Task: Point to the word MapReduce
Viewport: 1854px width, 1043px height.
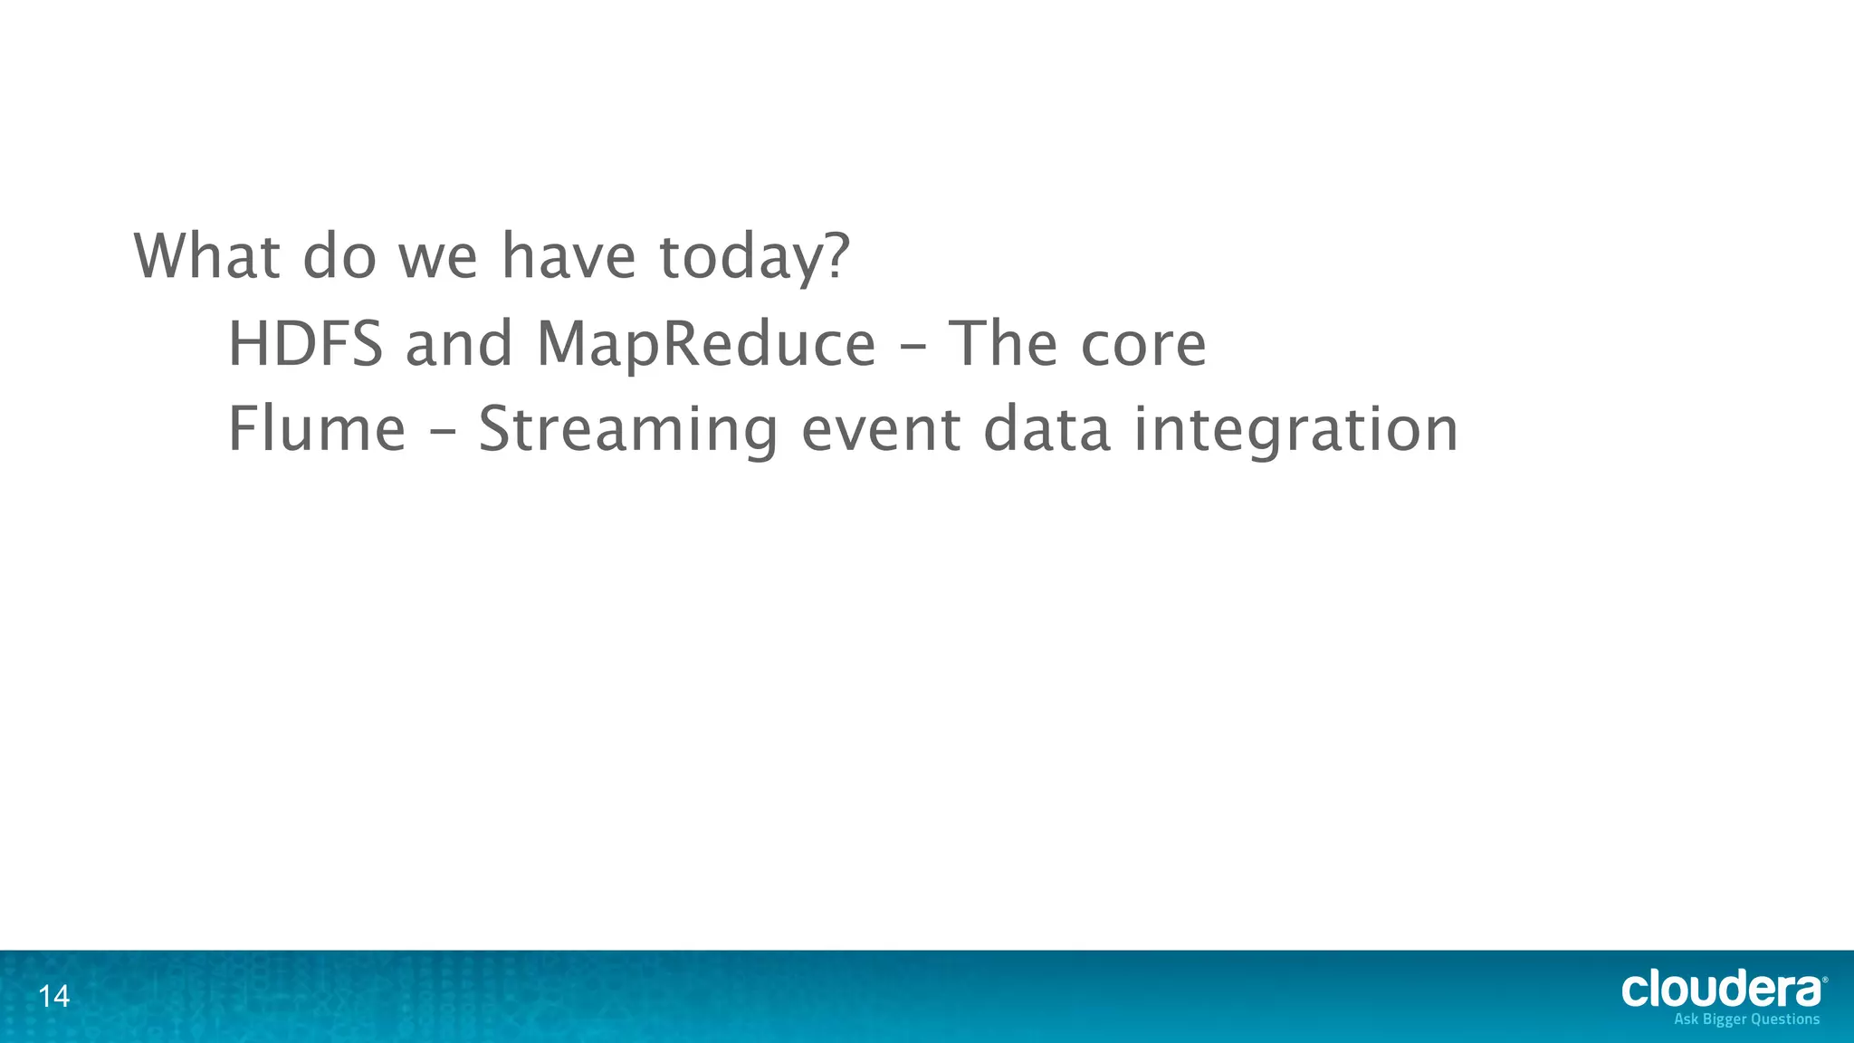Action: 706,346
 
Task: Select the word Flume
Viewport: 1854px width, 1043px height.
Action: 317,429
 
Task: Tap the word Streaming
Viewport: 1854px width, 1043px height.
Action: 627,432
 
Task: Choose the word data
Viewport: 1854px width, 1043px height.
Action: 1046,430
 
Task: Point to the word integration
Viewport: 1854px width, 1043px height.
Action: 1295,432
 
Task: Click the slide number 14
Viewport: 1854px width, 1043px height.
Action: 54,997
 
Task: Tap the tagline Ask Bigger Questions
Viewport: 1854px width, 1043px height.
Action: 1746,1019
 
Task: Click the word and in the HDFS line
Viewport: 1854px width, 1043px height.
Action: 459,344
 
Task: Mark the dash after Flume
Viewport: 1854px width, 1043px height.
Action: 442,434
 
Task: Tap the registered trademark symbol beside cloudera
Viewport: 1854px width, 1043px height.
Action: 1824,980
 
